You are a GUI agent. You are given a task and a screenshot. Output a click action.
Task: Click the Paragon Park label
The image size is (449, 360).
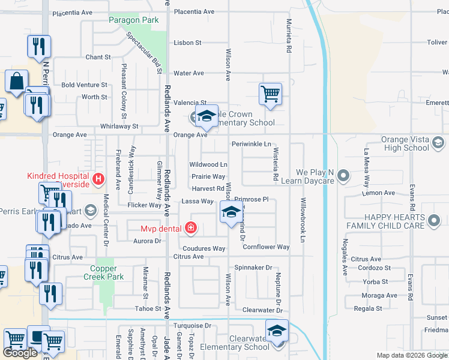click(x=134, y=20)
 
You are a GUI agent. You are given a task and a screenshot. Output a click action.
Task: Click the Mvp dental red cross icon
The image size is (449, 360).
click(x=190, y=227)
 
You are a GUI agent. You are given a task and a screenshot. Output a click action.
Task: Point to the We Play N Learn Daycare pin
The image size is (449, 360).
click(x=343, y=176)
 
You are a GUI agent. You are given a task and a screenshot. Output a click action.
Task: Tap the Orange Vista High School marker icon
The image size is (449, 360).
click(x=438, y=142)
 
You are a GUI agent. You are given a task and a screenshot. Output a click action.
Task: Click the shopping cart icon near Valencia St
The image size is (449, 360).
click(x=271, y=94)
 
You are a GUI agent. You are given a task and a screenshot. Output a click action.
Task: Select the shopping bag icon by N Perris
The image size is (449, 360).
click(x=17, y=80)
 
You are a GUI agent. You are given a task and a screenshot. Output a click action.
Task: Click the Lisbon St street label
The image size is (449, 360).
click(x=187, y=43)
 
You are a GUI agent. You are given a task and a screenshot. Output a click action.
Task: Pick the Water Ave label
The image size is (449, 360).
click(x=188, y=73)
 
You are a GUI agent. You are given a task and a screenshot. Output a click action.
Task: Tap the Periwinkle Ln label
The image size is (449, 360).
click(x=252, y=144)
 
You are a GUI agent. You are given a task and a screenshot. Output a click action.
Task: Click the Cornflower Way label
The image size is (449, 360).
click(x=266, y=247)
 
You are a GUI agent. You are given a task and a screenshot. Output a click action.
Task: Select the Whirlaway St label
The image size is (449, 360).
click(x=119, y=127)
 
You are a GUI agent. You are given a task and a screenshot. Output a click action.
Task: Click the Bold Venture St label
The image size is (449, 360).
click(x=84, y=85)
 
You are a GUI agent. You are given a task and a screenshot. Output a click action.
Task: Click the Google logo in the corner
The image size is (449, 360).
click(x=20, y=353)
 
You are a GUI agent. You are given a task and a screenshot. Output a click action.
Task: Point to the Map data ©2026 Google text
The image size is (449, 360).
click(x=412, y=355)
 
